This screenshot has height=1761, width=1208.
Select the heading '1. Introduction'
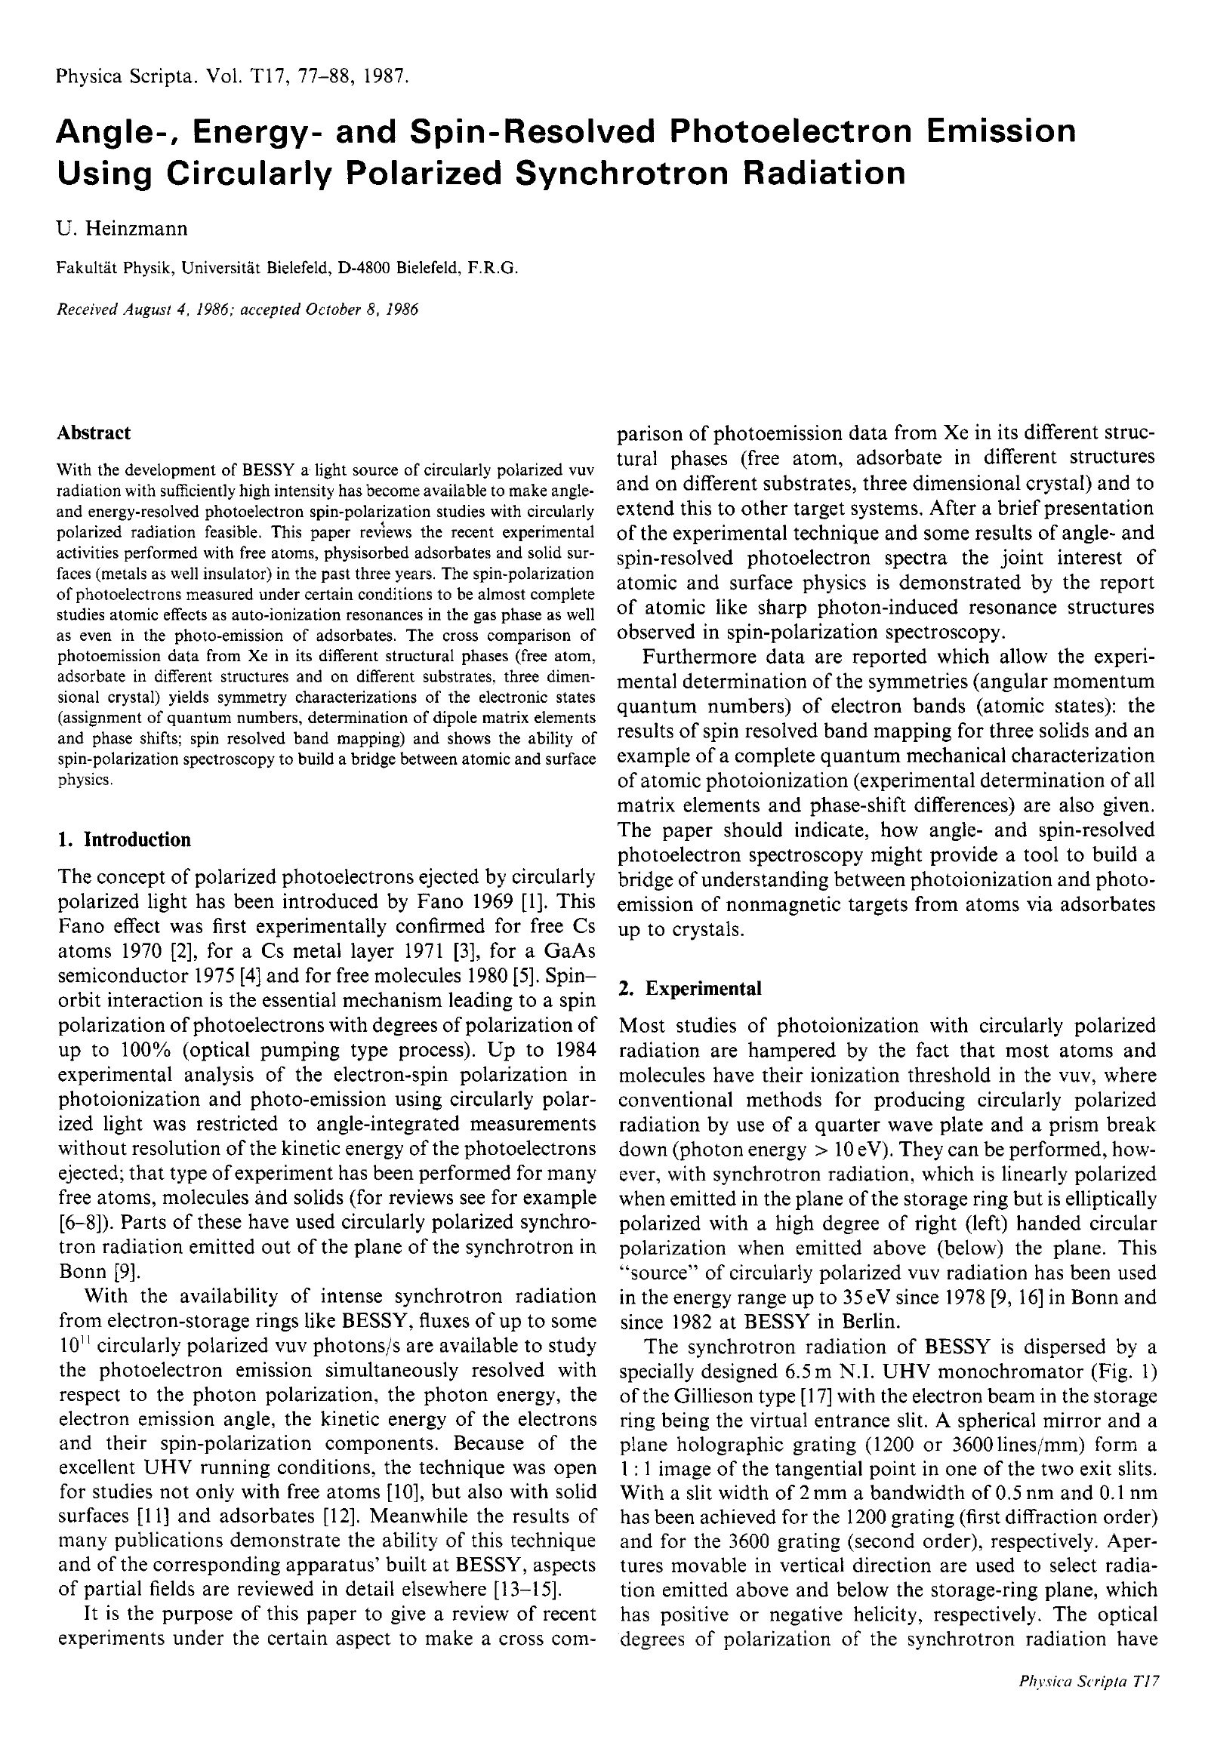[125, 839]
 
